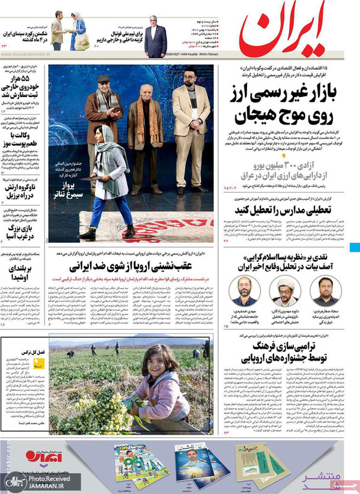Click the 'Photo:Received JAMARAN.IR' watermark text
(x=49, y=482)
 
